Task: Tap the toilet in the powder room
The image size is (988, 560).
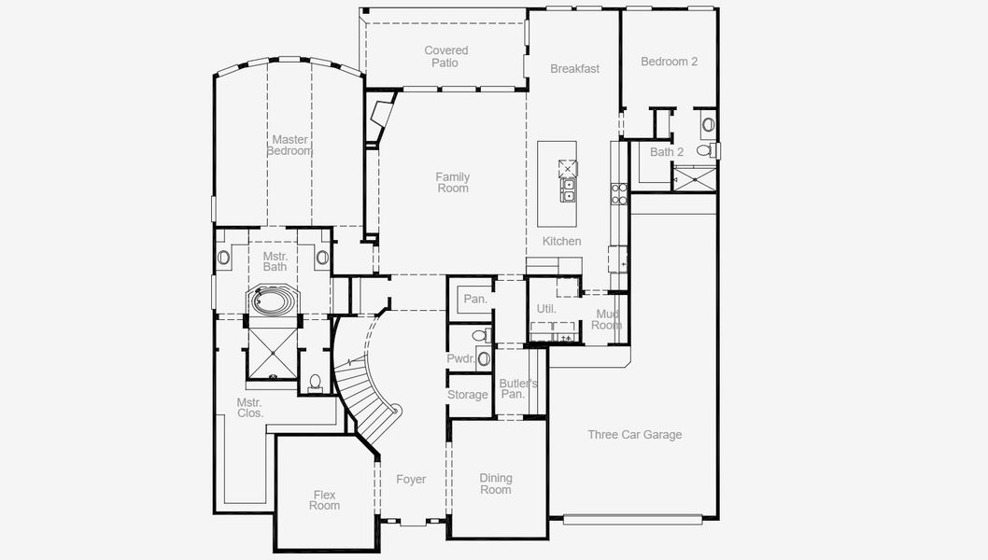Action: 479,335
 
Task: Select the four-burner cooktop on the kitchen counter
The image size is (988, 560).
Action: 619,193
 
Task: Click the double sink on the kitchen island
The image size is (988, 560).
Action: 568,190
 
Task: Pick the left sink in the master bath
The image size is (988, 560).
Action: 223,258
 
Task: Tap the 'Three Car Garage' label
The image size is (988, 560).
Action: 634,435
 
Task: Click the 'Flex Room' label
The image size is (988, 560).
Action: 325,500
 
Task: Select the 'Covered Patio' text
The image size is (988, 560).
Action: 445,57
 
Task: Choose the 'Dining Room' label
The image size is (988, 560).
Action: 496,483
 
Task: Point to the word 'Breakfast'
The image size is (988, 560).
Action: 574,69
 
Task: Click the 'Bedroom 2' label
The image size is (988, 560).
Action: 669,62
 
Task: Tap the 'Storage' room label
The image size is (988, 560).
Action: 468,395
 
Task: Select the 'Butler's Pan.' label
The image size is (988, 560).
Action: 517,389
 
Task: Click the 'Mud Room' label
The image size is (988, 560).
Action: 606,320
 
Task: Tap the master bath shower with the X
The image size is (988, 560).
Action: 272,353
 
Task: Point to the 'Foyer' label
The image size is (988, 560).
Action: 411,480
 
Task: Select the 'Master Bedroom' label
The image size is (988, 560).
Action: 289,146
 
